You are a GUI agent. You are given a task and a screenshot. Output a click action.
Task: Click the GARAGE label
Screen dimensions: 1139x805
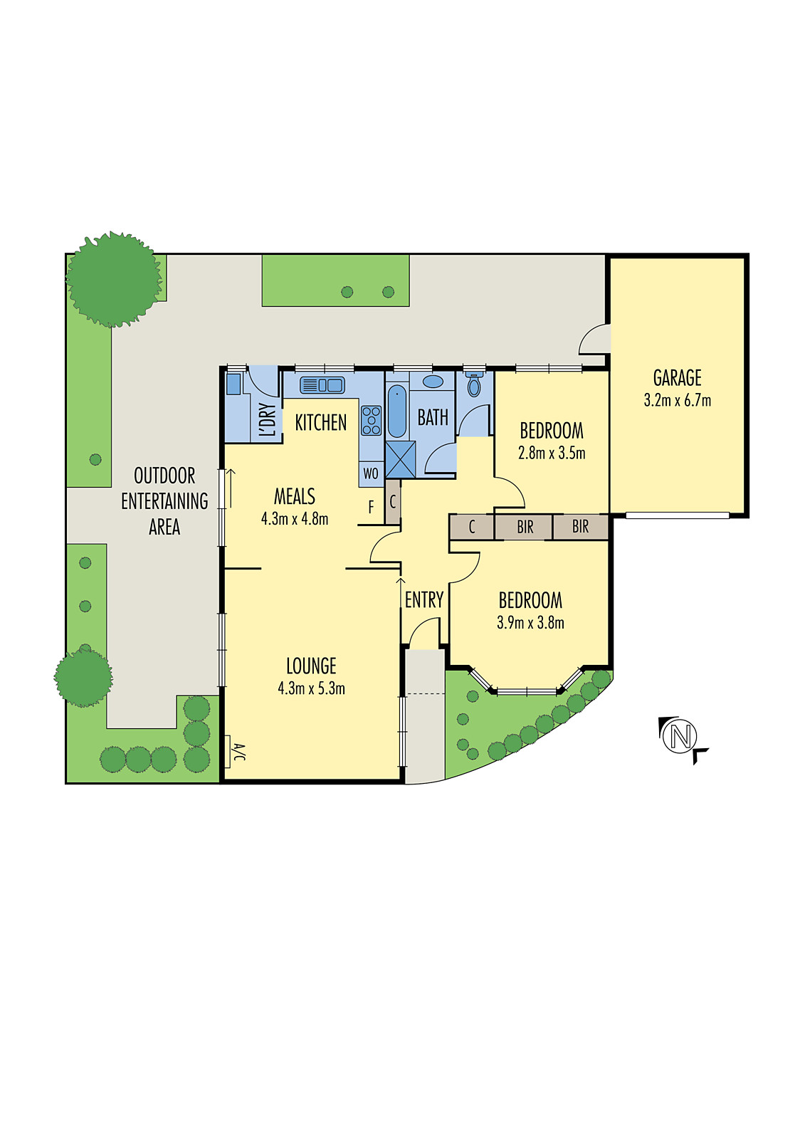pyautogui.click(x=677, y=378)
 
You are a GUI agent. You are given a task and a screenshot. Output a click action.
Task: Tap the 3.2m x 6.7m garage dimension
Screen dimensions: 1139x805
pyautogui.click(x=677, y=400)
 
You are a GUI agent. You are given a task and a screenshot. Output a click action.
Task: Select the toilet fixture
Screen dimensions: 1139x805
pyautogui.click(x=474, y=386)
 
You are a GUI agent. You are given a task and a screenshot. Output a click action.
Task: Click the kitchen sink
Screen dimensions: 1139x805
pyautogui.click(x=322, y=385)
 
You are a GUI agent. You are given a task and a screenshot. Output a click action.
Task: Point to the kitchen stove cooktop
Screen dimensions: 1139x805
pyautogui.click(x=371, y=420)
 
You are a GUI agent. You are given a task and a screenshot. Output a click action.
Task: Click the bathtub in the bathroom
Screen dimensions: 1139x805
pyautogui.click(x=397, y=411)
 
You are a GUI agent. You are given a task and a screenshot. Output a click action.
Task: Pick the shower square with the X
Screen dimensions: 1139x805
pyautogui.click(x=400, y=459)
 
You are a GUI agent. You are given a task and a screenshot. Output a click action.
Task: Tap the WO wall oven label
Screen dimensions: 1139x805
pyautogui.click(x=371, y=473)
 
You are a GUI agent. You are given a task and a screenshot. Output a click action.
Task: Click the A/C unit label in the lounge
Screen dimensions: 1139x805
pyautogui.click(x=239, y=752)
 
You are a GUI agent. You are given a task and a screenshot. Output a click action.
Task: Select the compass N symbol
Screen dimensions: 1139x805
pyautogui.click(x=680, y=735)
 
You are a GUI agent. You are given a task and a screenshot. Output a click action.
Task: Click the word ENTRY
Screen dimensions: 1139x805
pyautogui.click(x=424, y=600)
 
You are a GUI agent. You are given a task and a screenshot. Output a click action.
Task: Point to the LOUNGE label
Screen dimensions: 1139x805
pyautogui.click(x=311, y=666)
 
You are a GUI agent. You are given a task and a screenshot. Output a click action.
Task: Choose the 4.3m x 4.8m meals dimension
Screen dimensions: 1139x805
pyautogui.click(x=295, y=519)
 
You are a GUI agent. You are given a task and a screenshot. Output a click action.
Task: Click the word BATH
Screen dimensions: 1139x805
pyautogui.click(x=433, y=417)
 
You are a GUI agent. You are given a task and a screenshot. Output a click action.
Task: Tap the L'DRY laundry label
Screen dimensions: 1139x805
pyautogui.click(x=268, y=420)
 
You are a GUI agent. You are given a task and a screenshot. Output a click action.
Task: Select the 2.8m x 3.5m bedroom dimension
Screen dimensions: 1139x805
pyautogui.click(x=552, y=453)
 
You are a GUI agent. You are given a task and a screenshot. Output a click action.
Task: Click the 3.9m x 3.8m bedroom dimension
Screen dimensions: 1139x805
pyautogui.click(x=530, y=623)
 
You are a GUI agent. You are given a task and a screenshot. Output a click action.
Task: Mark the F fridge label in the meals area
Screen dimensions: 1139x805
pyautogui.click(x=371, y=508)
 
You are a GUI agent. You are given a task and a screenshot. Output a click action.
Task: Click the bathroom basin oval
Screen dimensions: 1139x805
pyautogui.click(x=433, y=382)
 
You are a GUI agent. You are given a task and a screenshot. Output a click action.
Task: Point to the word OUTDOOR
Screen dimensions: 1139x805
pyautogui.click(x=164, y=476)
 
